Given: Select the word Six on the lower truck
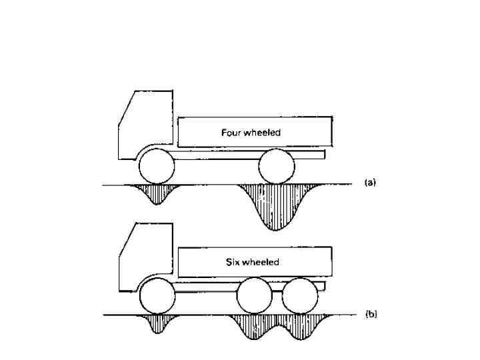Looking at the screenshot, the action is click(232, 262).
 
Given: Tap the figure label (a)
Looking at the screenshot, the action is click(371, 182).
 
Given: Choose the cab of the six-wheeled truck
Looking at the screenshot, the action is click(143, 257).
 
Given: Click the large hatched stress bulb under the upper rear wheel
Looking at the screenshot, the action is click(275, 203).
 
